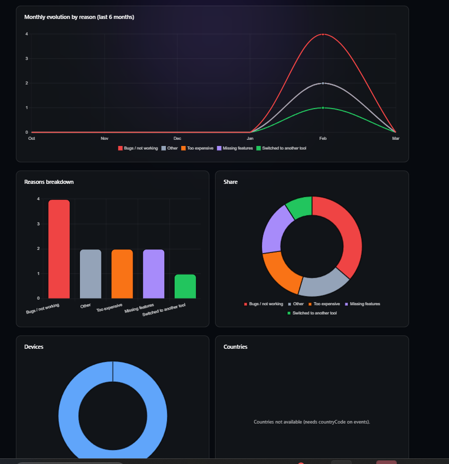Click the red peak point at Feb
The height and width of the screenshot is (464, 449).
point(323,34)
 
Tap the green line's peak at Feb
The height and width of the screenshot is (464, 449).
point(323,108)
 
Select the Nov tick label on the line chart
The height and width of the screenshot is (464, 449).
point(104,139)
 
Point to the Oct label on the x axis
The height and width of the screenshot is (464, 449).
point(32,139)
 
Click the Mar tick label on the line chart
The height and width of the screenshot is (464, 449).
point(396,139)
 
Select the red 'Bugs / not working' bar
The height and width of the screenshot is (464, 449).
point(59,249)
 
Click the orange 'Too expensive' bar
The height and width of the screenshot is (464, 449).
point(122,273)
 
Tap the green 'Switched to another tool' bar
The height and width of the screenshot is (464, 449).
point(185,286)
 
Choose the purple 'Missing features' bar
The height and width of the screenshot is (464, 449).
point(154,273)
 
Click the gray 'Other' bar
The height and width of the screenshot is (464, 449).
point(91,273)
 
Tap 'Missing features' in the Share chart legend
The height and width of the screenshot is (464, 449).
point(365,304)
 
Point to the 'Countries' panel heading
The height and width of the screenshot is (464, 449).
point(236,347)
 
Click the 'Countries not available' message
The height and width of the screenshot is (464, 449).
point(312,422)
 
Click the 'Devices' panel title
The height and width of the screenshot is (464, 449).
point(34,347)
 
